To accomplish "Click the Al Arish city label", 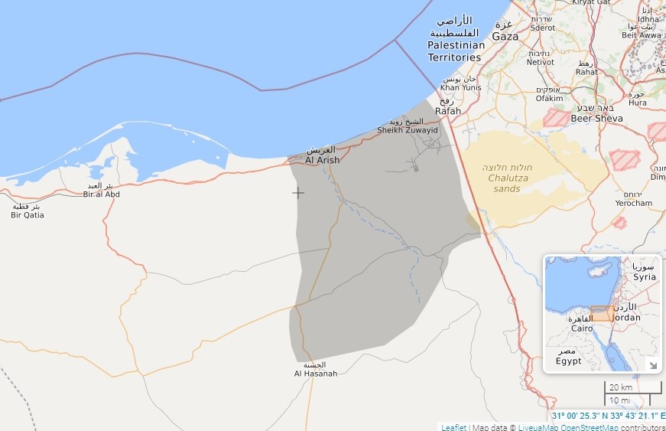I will click(x=322, y=160).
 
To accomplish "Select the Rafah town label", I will click(x=448, y=111).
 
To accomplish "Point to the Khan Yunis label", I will click(x=460, y=87).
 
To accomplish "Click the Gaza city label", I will click(x=505, y=36).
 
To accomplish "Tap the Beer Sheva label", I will click(x=596, y=119).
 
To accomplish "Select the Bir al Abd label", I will click(x=102, y=194).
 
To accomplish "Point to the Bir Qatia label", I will click(x=28, y=215).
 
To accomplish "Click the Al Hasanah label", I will click(x=315, y=373).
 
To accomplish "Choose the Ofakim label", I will click(x=549, y=98).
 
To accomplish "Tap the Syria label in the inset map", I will click(x=644, y=276).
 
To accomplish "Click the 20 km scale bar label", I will click(x=621, y=387).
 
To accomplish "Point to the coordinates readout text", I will click(x=608, y=416).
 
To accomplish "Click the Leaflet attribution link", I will click(x=453, y=426).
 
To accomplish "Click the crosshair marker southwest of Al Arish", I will click(x=298, y=192).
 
